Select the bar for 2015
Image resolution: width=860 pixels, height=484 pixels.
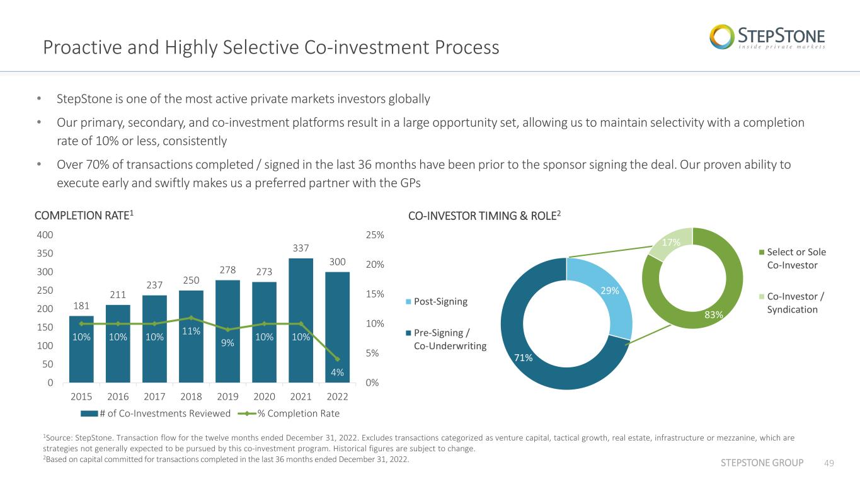pyautogui.click(x=81, y=349)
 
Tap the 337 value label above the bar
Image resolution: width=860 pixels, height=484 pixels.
pyautogui.click(x=301, y=248)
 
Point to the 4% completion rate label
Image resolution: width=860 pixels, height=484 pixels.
pyautogui.click(x=337, y=372)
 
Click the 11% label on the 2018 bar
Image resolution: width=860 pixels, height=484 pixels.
pyautogui.click(x=191, y=331)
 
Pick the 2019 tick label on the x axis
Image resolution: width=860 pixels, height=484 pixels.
pyautogui.click(x=227, y=396)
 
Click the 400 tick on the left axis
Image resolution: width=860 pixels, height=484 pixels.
pyautogui.click(x=45, y=234)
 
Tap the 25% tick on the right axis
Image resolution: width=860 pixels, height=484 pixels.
pyautogui.click(x=375, y=234)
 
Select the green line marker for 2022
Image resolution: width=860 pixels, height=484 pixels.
pyautogui.click(x=338, y=359)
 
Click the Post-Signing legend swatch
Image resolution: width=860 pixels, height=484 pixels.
pyautogui.click(x=408, y=302)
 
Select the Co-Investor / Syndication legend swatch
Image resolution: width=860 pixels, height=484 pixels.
pyautogui.click(x=762, y=297)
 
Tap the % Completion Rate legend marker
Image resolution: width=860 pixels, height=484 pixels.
pyautogui.click(x=247, y=413)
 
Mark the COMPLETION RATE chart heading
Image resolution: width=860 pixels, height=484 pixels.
pyautogui.click(x=84, y=216)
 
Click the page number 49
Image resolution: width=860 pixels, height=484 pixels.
pyautogui.click(x=829, y=463)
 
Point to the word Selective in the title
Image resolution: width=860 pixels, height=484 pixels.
pyautogui.click(x=261, y=47)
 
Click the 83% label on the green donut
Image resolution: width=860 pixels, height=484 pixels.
pyautogui.click(x=714, y=315)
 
